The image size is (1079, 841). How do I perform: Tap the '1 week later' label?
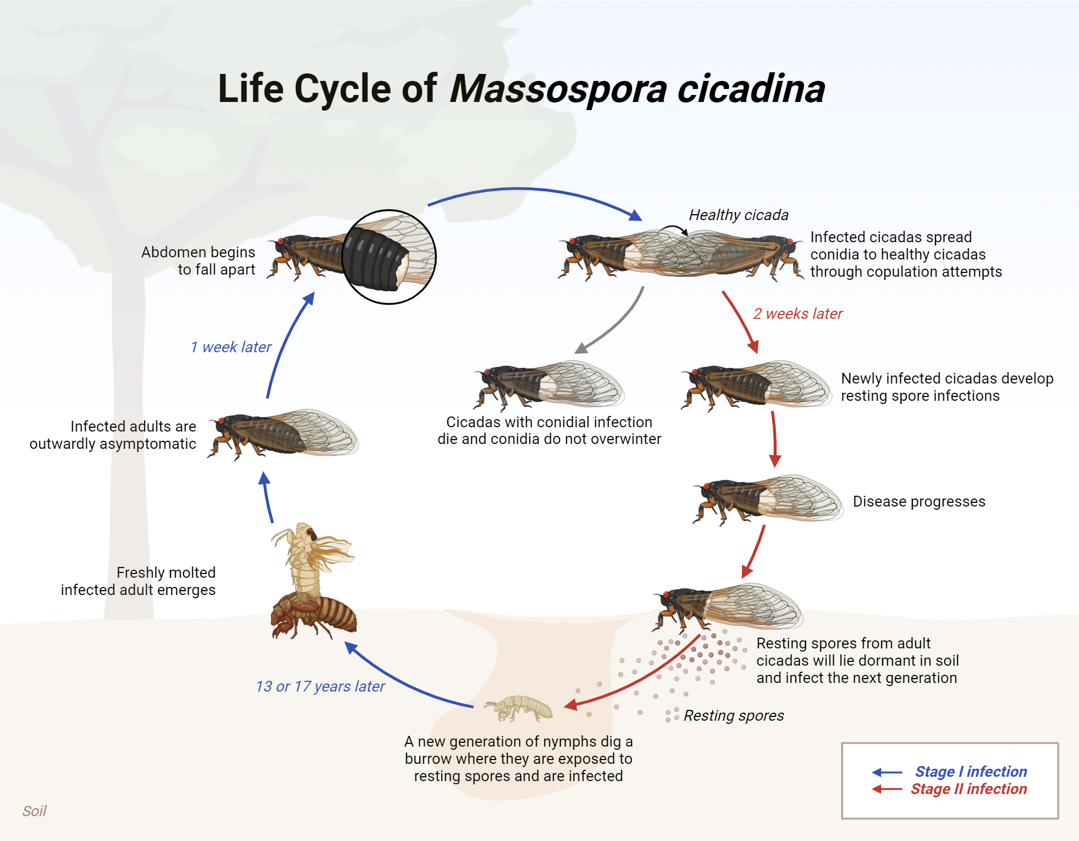click(x=231, y=347)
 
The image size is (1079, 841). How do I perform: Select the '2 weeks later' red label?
click(x=797, y=313)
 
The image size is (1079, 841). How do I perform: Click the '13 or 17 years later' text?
click(x=320, y=686)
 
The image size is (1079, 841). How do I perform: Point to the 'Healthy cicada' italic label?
click(x=738, y=215)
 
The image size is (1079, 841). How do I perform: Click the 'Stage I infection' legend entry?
click(x=970, y=771)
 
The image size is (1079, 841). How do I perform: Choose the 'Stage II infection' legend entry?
click(x=968, y=789)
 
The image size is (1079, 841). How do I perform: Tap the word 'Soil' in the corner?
click(x=34, y=811)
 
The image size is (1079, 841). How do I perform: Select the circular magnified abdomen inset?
click(x=389, y=257)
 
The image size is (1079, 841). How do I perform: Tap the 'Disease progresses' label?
click(x=919, y=501)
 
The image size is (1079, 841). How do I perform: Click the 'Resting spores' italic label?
click(x=733, y=715)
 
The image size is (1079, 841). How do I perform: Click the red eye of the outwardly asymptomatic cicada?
click(x=220, y=421)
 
